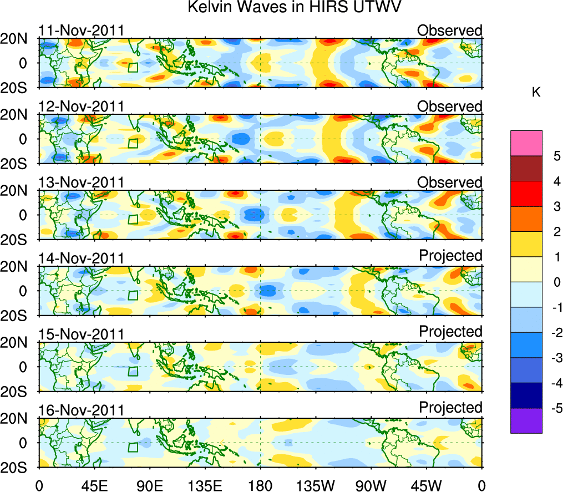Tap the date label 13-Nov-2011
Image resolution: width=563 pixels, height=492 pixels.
(81, 182)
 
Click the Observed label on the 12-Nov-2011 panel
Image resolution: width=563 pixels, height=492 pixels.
(450, 106)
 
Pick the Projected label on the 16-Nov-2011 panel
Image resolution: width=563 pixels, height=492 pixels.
(450, 407)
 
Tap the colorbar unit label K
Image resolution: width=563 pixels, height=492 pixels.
(536, 93)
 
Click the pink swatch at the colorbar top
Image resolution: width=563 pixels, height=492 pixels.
(526, 143)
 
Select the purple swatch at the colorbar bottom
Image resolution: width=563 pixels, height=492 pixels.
(526, 420)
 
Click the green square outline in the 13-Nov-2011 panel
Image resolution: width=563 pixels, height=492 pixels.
(133, 219)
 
